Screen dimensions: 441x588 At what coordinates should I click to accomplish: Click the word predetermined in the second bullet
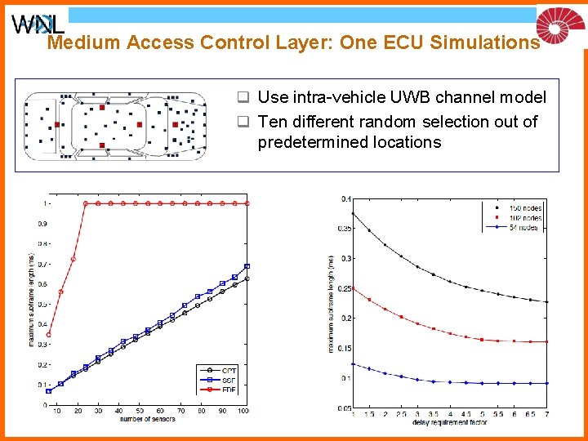click(306, 142)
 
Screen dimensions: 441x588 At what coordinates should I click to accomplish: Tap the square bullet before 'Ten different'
click(243, 122)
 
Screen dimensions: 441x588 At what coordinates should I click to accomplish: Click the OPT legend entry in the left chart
click(229, 371)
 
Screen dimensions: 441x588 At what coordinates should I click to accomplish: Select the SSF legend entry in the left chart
click(229, 380)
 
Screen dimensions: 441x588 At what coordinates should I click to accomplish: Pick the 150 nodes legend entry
click(524, 207)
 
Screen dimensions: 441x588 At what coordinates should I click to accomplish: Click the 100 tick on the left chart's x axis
click(243, 411)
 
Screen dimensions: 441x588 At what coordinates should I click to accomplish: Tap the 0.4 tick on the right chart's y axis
click(346, 198)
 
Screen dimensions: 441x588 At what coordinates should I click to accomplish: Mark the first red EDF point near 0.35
click(49, 334)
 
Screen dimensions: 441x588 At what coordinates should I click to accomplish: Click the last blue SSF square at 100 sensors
click(247, 266)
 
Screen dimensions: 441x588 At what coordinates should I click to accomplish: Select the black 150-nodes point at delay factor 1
click(354, 214)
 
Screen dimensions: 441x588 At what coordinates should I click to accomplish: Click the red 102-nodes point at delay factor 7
click(546, 341)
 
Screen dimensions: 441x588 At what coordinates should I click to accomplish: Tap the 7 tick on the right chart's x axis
click(546, 414)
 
